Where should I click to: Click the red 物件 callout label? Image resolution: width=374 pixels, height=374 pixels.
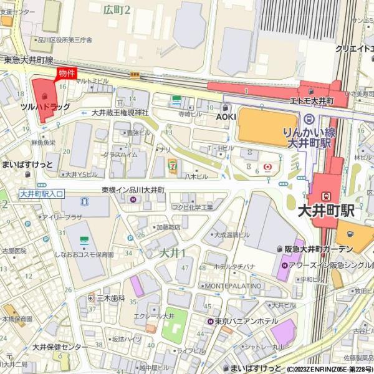67,74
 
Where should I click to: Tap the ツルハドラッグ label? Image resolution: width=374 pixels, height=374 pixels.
46,107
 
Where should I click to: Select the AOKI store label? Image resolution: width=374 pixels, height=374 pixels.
226,117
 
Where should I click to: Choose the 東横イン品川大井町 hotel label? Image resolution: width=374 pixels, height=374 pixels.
133,189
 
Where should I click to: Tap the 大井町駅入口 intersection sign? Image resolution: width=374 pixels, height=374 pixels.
41,194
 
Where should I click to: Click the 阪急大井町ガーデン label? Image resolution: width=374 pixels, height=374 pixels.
319,249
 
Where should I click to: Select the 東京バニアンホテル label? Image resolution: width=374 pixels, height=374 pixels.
247,321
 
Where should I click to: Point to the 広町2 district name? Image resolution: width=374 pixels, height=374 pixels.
117,9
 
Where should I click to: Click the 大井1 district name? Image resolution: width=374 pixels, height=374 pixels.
173,252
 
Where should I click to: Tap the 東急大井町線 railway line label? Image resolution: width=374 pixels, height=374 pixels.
28,60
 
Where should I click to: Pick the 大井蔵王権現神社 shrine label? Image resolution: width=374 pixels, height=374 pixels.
120,113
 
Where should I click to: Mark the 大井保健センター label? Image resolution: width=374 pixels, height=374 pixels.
60,347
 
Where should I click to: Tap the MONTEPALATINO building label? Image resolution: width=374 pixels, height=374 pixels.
233,285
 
